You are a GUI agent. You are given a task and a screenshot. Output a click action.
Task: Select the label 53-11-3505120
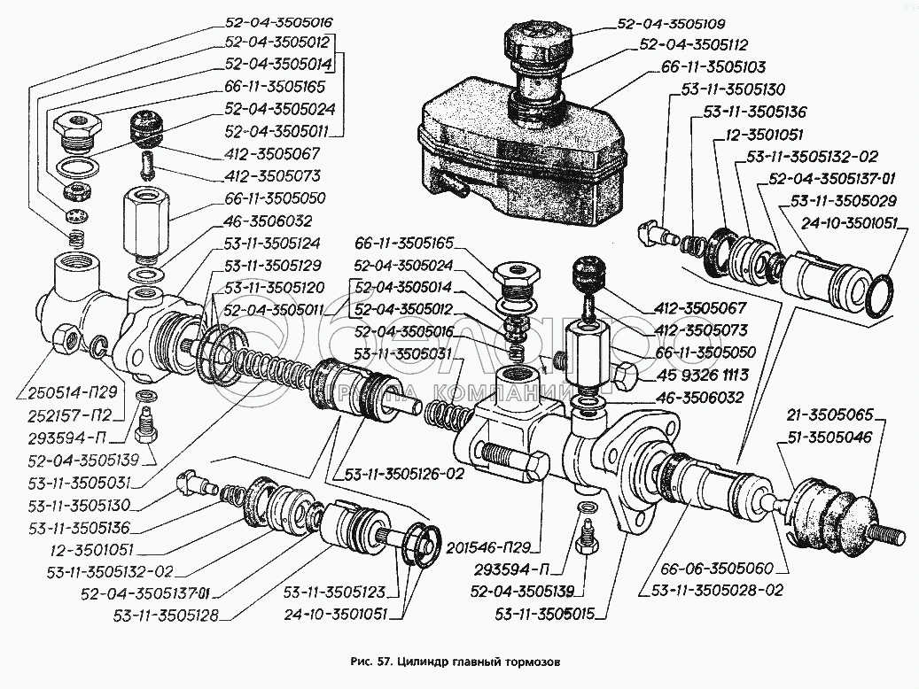tap(274, 287)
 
